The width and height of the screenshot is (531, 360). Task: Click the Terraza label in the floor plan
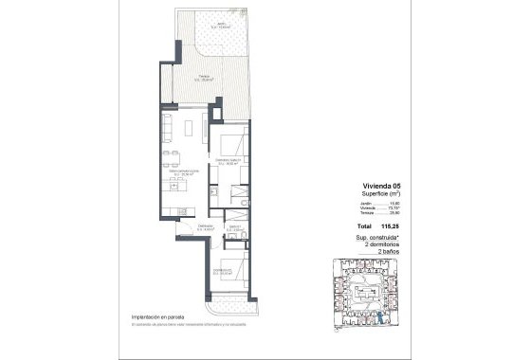click(x=203, y=79)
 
